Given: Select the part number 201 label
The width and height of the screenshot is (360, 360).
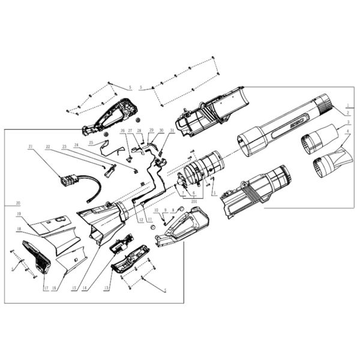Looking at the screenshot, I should (194, 202).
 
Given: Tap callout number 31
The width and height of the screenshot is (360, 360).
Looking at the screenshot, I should (172, 130).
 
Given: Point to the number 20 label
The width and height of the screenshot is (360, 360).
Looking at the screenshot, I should (18, 203).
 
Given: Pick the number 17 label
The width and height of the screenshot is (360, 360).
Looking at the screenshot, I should (45, 288).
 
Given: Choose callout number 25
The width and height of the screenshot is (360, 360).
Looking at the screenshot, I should (91, 142).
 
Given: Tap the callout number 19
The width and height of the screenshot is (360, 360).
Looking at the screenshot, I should (19, 214).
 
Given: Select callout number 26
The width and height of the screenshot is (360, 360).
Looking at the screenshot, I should (122, 130).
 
